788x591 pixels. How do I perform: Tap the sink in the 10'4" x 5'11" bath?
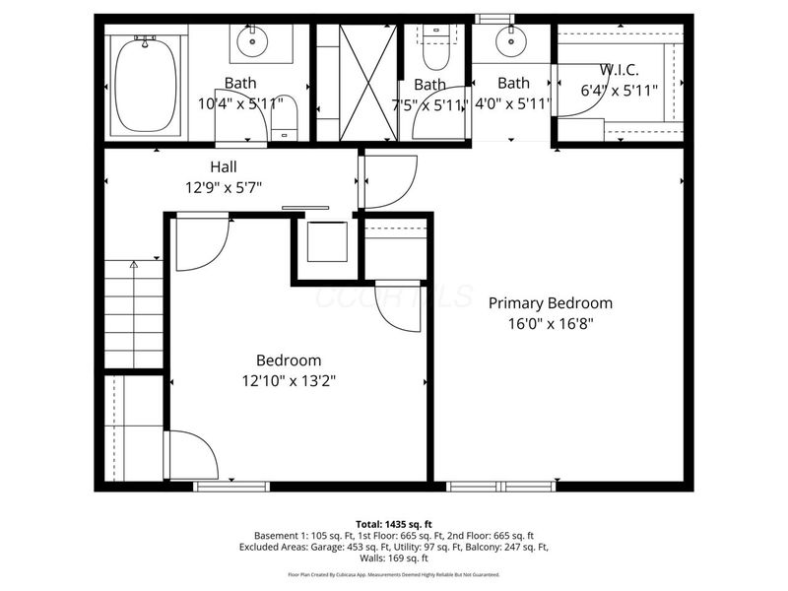click(x=254, y=42)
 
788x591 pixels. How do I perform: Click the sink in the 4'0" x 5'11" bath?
click(x=510, y=41)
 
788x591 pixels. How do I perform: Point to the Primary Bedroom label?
click(x=551, y=303)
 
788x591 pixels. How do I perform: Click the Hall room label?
click(x=224, y=167)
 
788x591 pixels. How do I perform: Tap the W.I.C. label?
click(x=619, y=71)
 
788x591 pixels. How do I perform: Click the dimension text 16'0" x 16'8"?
click(x=551, y=322)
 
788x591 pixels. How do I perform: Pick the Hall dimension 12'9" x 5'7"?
click(x=224, y=185)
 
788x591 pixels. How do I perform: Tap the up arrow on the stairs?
click(x=134, y=264)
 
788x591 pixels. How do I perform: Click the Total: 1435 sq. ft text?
click(x=394, y=523)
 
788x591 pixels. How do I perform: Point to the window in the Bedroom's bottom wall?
click(x=231, y=486)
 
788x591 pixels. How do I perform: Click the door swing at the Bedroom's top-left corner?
click(x=202, y=241)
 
